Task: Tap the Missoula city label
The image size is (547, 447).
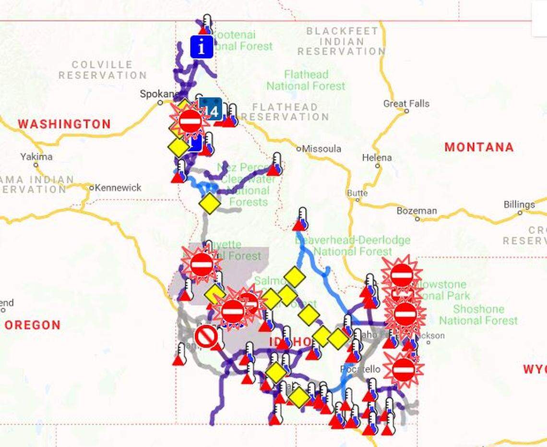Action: [x=321, y=149]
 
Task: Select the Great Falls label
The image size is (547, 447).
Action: [x=406, y=103]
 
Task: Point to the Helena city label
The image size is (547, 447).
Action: [x=377, y=157]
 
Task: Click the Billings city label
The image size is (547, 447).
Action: [x=519, y=205]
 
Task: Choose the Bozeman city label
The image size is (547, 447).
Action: [x=416, y=211]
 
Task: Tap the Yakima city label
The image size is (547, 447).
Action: [x=36, y=157]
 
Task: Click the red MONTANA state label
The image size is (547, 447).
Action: [x=478, y=147]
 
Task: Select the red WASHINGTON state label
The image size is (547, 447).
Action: [x=64, y=124]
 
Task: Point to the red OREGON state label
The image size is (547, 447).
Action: [x=33, y=325]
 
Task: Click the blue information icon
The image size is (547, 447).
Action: [x=202, y=47]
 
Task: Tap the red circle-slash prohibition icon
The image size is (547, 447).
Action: [x=207, y=337]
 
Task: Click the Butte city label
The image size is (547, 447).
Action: [x=357, y=193]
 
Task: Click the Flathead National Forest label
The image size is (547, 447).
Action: [x=306, y=80]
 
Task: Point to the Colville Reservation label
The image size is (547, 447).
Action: [x=102, y=70]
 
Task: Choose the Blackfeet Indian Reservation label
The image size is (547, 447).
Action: [x=341, y=41]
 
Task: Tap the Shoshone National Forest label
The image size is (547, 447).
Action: [x=478, y=314]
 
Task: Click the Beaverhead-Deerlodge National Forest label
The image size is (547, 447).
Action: [x=353, y=245]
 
